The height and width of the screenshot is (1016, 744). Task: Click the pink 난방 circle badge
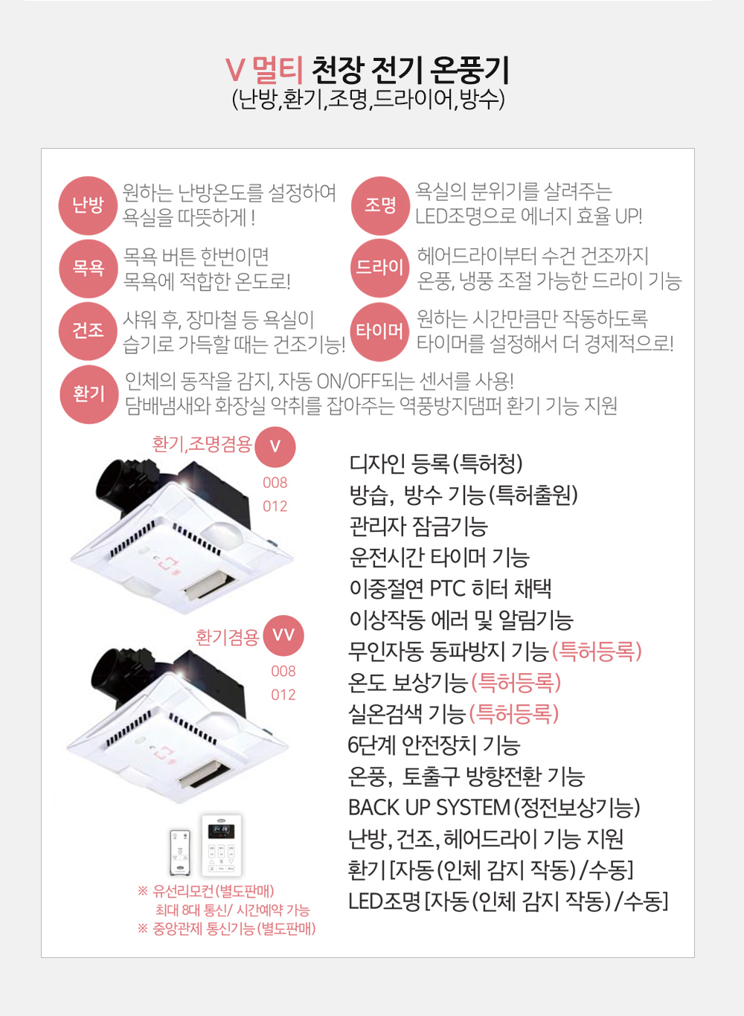[x=88, y=205]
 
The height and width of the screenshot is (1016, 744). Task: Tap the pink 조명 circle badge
[x=380, y=205]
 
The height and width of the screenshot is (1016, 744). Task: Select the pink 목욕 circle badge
[x=88, y=269]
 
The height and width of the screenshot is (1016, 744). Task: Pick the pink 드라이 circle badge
[x=379, y=268]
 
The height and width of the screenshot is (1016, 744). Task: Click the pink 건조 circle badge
[x=88, y=331]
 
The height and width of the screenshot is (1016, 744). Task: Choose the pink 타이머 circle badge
[x=379, y=332]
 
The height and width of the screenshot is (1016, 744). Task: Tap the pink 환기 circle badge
[x=89, y=394]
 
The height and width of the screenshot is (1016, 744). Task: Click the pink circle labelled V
[x=275, y=447]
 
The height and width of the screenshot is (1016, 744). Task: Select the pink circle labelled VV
[x=283, y=635]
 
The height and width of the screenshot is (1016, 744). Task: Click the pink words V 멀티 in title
[x=264, y=71]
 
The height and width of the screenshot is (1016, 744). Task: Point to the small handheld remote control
[x=180, y=852]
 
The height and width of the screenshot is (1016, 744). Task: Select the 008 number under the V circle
[x=275, y=483]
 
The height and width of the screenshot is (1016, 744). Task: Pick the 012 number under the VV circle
[x=283, y=695]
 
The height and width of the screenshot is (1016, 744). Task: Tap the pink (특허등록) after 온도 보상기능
[x=516, y=682]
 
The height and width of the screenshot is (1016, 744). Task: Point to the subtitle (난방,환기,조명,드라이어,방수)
[x=368, y=100]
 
